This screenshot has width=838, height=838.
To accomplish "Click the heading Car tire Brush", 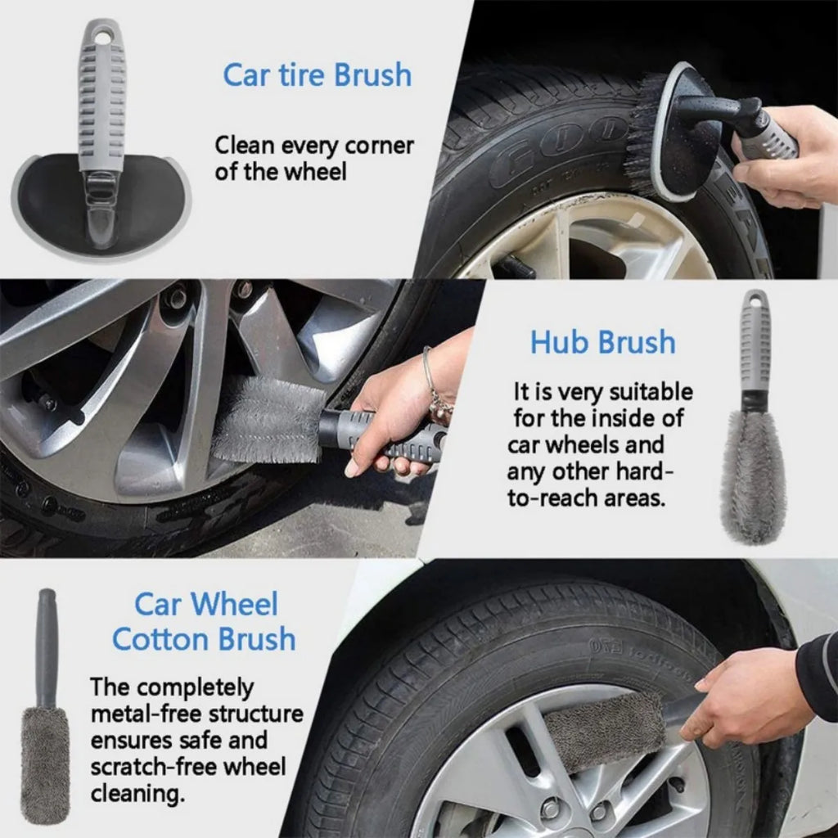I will [317, 74].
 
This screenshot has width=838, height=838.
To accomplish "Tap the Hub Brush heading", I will [602, 342].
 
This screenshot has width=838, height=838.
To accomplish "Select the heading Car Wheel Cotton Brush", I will [204, 621].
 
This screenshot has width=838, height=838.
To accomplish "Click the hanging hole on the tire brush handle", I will [102, 35].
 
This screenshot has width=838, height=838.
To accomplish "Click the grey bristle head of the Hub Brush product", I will [753, 479].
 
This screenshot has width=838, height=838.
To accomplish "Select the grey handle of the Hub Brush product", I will [755, 344].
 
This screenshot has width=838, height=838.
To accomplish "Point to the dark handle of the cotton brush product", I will [47, 647].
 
